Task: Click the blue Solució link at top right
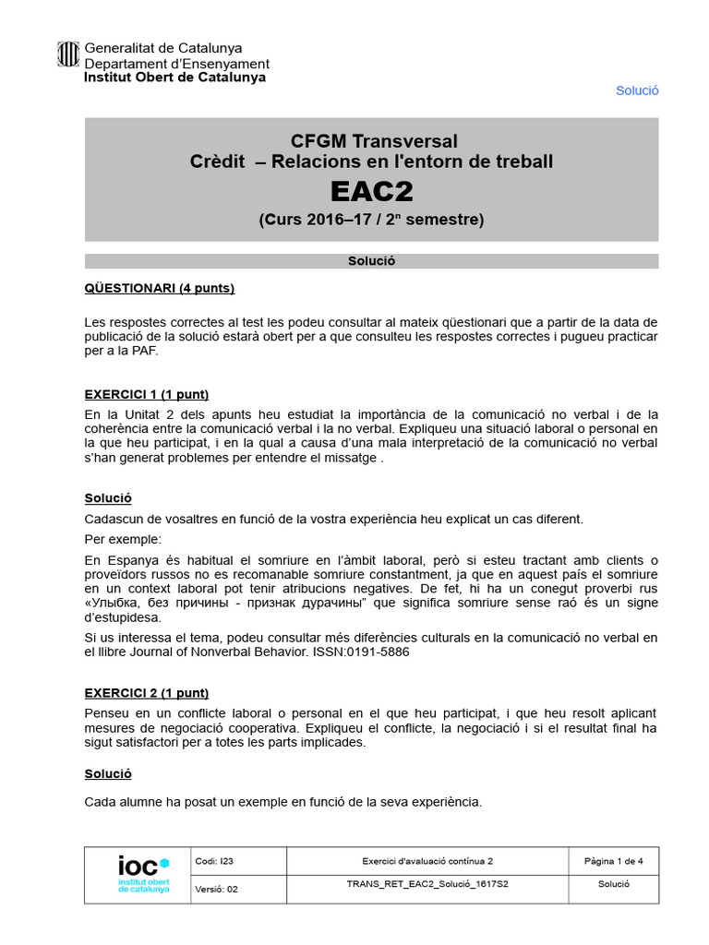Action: click(x=637, y=90)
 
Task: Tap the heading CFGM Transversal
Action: click(x=374, y=141)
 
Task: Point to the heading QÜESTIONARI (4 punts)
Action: click(x=159, y=288)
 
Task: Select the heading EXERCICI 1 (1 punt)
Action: click(x=146, y=393)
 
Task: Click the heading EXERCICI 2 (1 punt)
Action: click(x=146, y=693)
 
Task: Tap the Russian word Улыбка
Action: click(x=117, y=604)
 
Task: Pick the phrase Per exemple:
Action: click(x=122, y=538)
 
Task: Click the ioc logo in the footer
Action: click(x=143, y=873)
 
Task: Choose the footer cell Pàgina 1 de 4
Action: click(x=613, y=861)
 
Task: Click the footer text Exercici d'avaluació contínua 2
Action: click(x=427, y=861)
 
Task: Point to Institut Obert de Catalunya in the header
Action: click(x=174, y=78)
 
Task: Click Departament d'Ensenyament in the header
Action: click(x=177, y=64)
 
